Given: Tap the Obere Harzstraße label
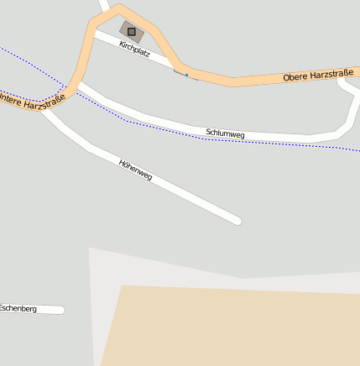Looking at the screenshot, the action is coord(318,76).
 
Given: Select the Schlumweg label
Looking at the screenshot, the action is coord(225,133).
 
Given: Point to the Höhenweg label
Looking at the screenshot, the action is coord(136,170).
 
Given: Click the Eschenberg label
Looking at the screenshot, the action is coord(18,309).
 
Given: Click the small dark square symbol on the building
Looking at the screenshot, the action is coord(131,31).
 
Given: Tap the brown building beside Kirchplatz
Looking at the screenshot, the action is coord(137,36).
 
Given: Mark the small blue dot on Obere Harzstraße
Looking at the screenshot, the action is coord(186,75).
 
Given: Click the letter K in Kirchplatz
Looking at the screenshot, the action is coord(122,45).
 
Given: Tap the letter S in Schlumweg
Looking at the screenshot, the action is coord(208,132).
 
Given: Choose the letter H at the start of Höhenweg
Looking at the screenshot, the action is coord(123,161).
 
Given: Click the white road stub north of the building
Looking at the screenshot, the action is coord(105,8).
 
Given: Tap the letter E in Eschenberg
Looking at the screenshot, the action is coord(3,308).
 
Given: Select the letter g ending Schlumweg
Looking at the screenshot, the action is coord(242,135).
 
